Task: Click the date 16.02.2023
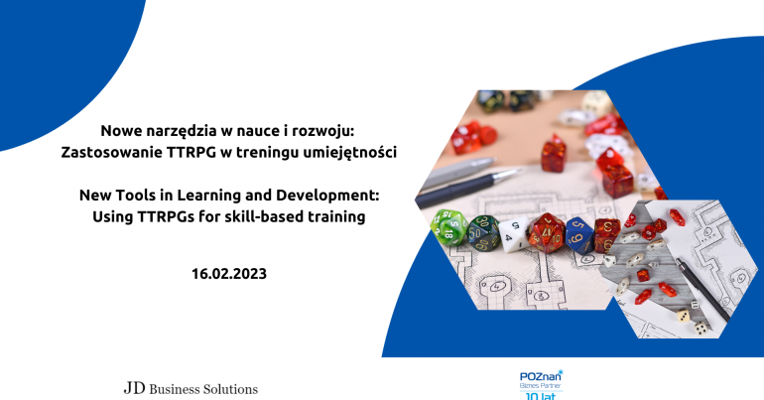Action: (229, 274)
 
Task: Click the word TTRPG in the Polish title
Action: (191, 153)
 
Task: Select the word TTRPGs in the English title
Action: (166, 216)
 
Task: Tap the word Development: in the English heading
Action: (327, 196)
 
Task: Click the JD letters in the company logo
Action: (135, 388)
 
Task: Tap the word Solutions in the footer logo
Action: (230, 389)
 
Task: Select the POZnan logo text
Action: (541, 376)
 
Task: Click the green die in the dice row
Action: (449, 227)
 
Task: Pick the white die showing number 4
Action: (513, 234)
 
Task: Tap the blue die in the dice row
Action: (579, 235)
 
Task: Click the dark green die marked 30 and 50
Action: (483, 233)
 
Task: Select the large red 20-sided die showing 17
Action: (546, 233)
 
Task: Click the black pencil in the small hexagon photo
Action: (702, 290)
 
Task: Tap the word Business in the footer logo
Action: (175, 389)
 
